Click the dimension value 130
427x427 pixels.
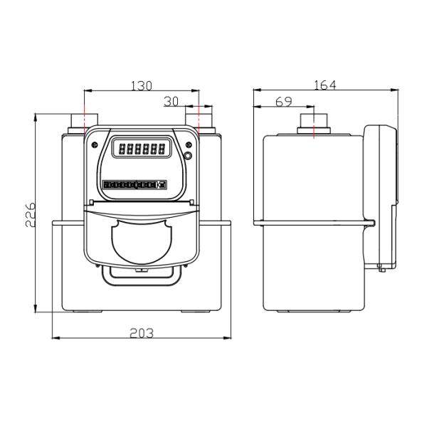(x=142, y=86)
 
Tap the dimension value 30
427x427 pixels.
(x=172, y=102)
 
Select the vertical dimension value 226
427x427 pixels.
(x=30, y=215)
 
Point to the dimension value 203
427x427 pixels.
(x=142, y=333)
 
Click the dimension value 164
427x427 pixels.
(x=325, y=85)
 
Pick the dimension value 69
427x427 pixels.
(x=284, y=102)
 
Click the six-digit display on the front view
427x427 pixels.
(x=142, y=148)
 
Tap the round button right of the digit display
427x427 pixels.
(x=188, y=156)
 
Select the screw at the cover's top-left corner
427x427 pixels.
(x=95, y=145)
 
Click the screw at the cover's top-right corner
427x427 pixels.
(x=189, y=144)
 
